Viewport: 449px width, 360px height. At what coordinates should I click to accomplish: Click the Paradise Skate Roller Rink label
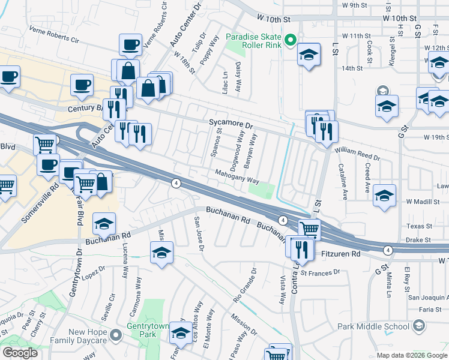click(x=253, y=41)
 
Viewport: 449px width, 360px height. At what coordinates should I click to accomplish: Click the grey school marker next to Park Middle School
click(x=419, y=326)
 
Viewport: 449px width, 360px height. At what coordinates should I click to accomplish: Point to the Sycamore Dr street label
click(x=232, y=122)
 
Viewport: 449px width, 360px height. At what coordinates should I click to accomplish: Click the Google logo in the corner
click(x=19, y=352)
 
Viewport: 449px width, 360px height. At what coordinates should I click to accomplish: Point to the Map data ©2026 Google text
click(x=411, y=355)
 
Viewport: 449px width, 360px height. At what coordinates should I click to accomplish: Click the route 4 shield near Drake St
click(x=388, y=250)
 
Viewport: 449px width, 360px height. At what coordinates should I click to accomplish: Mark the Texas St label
click(x=420, y=226)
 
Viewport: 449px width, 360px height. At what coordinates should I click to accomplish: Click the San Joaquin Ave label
click(x=428, y=297)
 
